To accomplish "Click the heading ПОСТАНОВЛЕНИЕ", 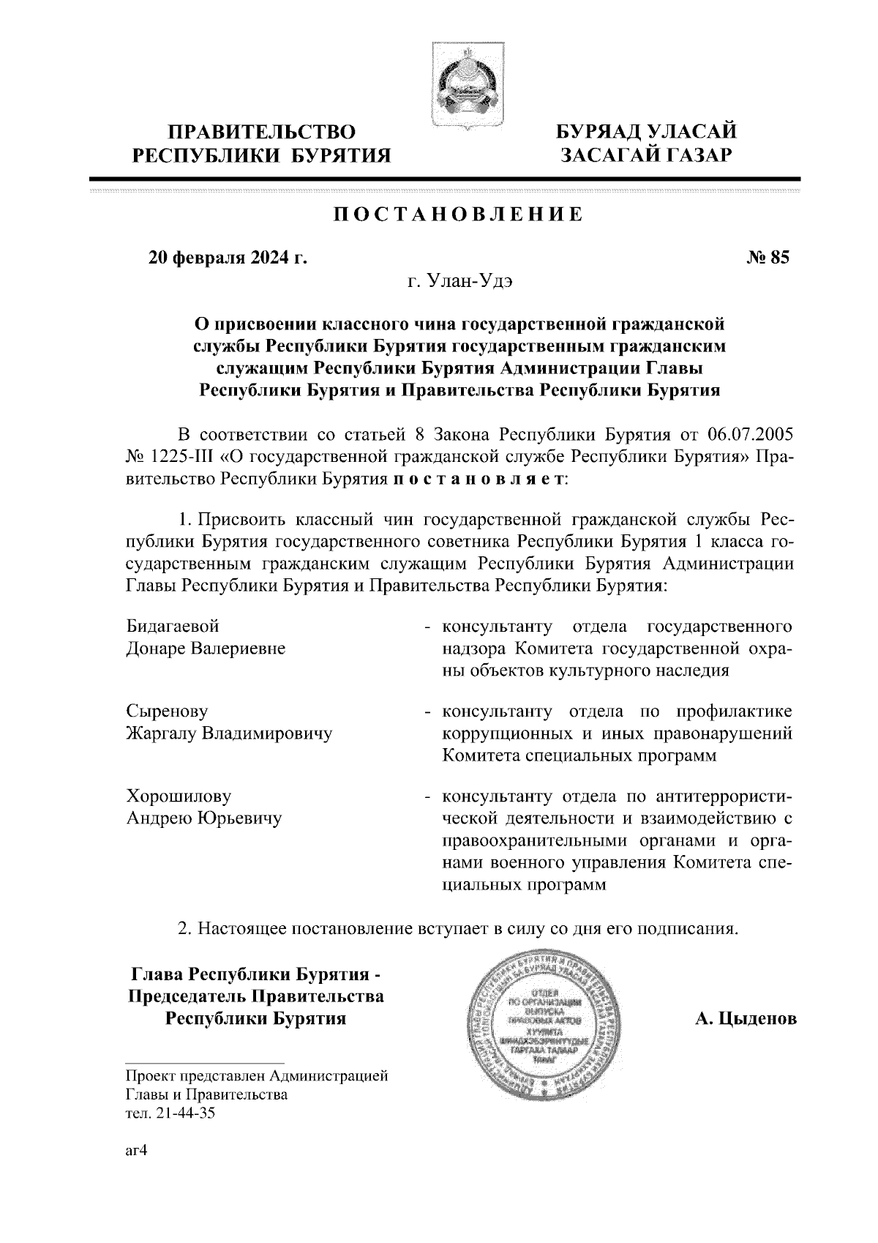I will tap(459, 214).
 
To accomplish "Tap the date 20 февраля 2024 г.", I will tap(228, 257).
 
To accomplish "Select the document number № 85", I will tap(768, 257).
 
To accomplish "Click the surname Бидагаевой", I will tap(173, 627).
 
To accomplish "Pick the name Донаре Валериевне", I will tap(206, 649).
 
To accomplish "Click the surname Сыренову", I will tap(168, 711).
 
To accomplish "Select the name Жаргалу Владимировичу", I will tap(229, 733).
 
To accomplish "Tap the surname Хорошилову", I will tap(179, 796).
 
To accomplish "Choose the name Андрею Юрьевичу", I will tap(204, 818).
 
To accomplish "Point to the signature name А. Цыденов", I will tap(746, 1019).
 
